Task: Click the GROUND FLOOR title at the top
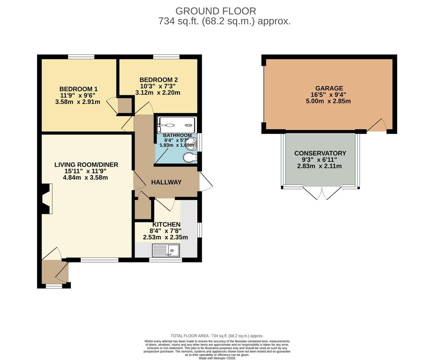coord(216,11)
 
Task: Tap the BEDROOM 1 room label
coord(78,89)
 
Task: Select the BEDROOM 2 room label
coord(159,80)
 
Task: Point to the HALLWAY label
coord(166,182)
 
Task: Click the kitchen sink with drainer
coord(166,250)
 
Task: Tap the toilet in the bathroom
coord(190,157)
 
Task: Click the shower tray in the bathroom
coord(177,125)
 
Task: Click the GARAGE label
coord(329,88)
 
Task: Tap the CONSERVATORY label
coord(320,153)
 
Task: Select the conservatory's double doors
coord(322,193)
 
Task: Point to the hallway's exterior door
coord(206,181)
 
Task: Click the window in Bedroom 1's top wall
coord(81,57)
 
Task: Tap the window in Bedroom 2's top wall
coord(166,57)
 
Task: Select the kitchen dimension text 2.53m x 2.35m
coord(166,237)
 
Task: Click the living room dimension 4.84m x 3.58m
coord(85,178)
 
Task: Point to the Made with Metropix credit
coord(217,358)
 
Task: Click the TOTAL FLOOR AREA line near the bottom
coord(217,336)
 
